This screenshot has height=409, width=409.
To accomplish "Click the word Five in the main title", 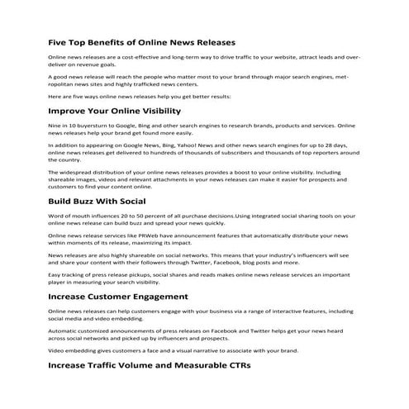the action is click(59, 41).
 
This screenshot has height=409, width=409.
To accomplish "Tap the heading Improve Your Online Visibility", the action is click(113, 109).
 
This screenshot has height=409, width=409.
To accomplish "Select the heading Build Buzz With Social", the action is click(97, 201).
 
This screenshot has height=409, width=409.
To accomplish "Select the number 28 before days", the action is click(329, 145).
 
